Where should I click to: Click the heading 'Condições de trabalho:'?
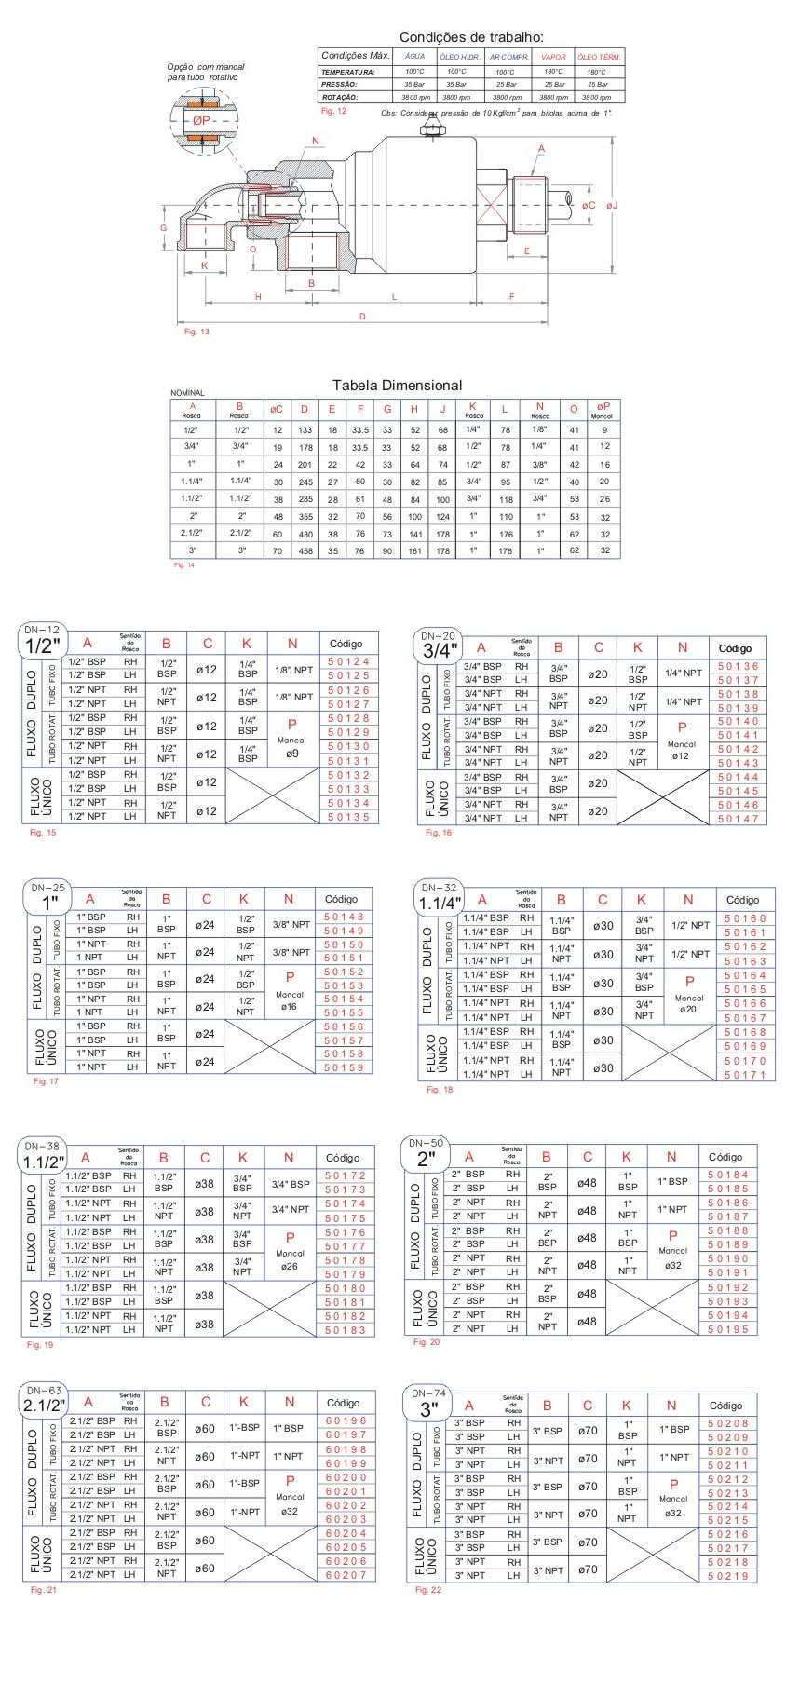point(471,37)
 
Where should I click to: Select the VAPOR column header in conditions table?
point(553,57)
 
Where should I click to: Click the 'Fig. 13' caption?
point(196,332)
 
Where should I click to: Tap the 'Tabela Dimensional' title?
point(397,386)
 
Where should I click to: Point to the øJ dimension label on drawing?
point(612,205)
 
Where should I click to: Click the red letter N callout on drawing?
point(316,142)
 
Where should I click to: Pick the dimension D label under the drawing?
point(362,317)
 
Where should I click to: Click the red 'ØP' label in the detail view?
point(202,121)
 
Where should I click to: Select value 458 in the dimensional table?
point(305,550)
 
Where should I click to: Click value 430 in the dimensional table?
point(305,534)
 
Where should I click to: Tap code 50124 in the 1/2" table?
point(347,662)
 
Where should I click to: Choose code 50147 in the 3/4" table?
point(738,819)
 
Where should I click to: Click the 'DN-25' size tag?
point(48,888)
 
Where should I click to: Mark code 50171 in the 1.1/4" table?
point(744,1075)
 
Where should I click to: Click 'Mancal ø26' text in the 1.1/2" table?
point(290,1259)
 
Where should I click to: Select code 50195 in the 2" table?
point(727,1329)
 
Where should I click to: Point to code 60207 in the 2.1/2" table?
point(346,1575)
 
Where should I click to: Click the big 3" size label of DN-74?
point(427,1409)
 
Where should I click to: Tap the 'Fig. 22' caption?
point(427,1590)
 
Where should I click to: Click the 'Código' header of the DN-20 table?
point(735,648)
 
